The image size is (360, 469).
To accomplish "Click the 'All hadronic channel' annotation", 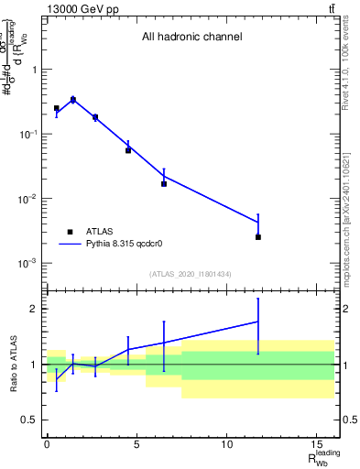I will point(191,38).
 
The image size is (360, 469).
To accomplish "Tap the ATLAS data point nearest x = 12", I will point(258,237).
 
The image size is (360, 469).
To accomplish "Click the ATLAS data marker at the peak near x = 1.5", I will point(73,100).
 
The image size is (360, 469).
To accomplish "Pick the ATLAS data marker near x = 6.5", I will point(164,184).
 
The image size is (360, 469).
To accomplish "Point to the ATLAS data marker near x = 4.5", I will point(128,150).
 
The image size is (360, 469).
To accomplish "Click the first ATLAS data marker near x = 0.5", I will point(56,108).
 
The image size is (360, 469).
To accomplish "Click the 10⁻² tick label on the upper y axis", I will point(27,199).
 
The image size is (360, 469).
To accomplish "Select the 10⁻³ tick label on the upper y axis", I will point(27,263).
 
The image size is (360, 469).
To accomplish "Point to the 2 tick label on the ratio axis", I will point(35,309).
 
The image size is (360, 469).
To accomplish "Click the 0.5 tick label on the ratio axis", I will point(31,420).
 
